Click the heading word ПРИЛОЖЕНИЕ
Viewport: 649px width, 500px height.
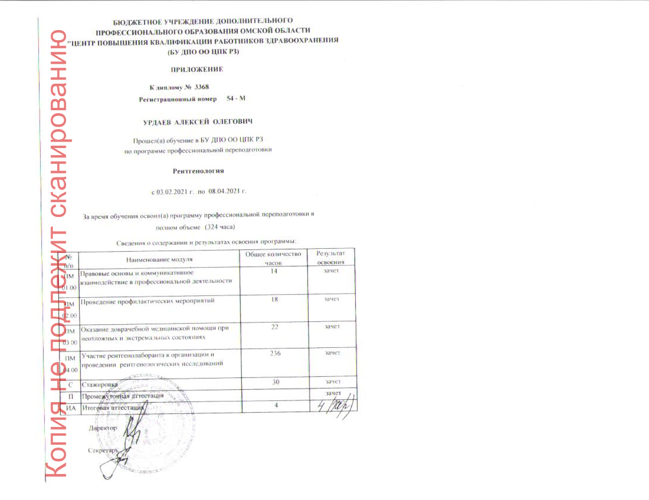[x=202, y=70]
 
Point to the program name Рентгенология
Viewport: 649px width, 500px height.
[x=198, y=171]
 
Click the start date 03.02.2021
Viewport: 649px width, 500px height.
[x=172, y=192]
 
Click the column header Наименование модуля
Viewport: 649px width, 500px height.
[x=159, y=259]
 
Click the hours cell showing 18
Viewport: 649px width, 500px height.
[x=274, y=300]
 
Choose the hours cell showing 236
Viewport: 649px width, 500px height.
[x=274, y=353]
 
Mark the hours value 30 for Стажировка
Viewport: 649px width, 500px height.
[x=274, y=382]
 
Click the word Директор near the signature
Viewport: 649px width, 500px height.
[x=103, y=427]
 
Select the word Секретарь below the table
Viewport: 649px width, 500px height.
[x=101, y=450]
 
